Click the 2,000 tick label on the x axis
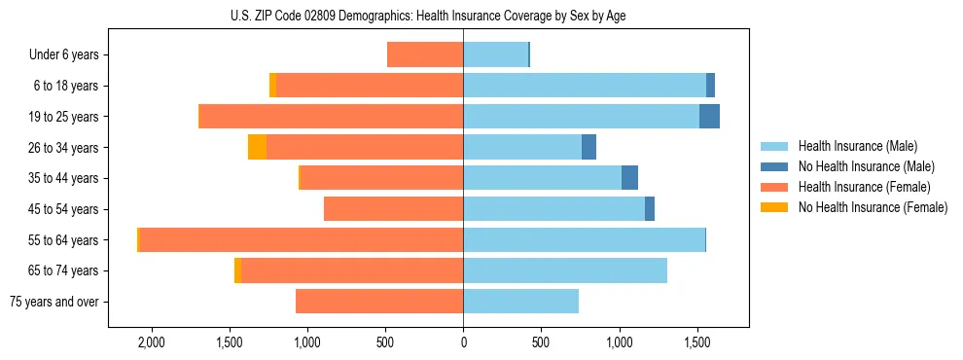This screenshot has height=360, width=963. (152, 342)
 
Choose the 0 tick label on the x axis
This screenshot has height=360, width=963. (463, 342)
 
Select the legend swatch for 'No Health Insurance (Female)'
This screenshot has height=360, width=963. (774, 207)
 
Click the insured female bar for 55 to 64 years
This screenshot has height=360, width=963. (302, 239)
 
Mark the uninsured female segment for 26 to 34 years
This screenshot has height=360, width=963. (257, 147)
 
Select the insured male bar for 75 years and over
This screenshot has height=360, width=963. (520, 302)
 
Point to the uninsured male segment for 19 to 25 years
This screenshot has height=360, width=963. (709, 116)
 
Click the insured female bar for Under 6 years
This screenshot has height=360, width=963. (425, 54)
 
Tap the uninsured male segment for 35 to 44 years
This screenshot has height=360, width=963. (629, 178)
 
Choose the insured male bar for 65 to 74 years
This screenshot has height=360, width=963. (565, 270)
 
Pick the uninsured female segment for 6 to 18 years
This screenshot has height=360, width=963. (272, 86)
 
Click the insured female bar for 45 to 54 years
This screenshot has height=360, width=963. (393, 208)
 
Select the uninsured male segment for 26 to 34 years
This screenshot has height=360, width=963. (588, 147)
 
